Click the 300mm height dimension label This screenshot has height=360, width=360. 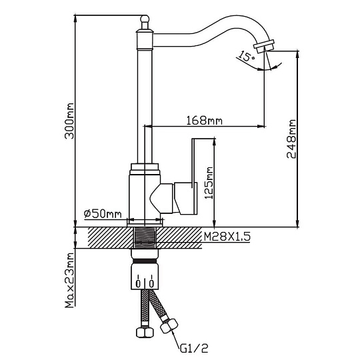tap(69, 121)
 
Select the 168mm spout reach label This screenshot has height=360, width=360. tap(204, 121)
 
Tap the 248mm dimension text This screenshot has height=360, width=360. tap(291, 139)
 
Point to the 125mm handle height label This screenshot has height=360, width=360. tap(209, 183)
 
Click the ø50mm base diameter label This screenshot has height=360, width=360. tap(103, 214)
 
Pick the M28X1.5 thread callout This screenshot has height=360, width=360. tap(227, 237)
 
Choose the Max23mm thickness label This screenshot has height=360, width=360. tap(69, 280)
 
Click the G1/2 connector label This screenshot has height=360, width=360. tap(194, 349)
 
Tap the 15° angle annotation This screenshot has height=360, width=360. tap(246, 57)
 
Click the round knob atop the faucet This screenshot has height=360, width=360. tap(145, 19)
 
